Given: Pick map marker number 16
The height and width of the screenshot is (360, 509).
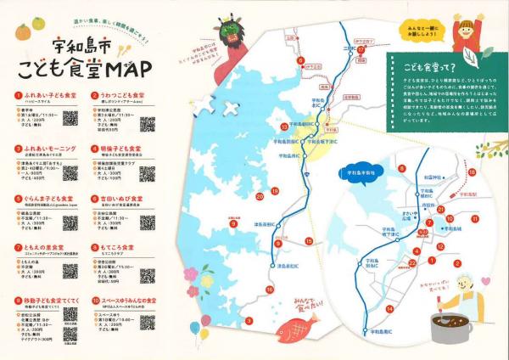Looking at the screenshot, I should [269, 290].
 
